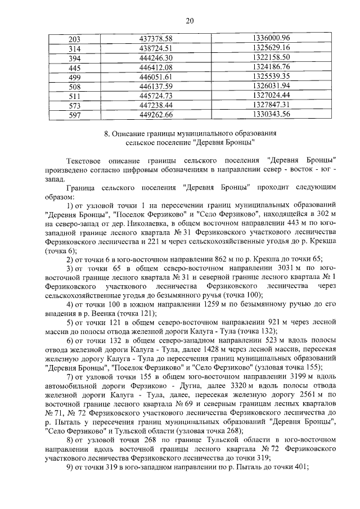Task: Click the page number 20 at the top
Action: [x=190, y=21]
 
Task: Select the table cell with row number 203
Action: [x=74, y=39]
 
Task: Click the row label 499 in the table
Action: [x=74, y=77]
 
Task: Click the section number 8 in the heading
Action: [x=107, y=134]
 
